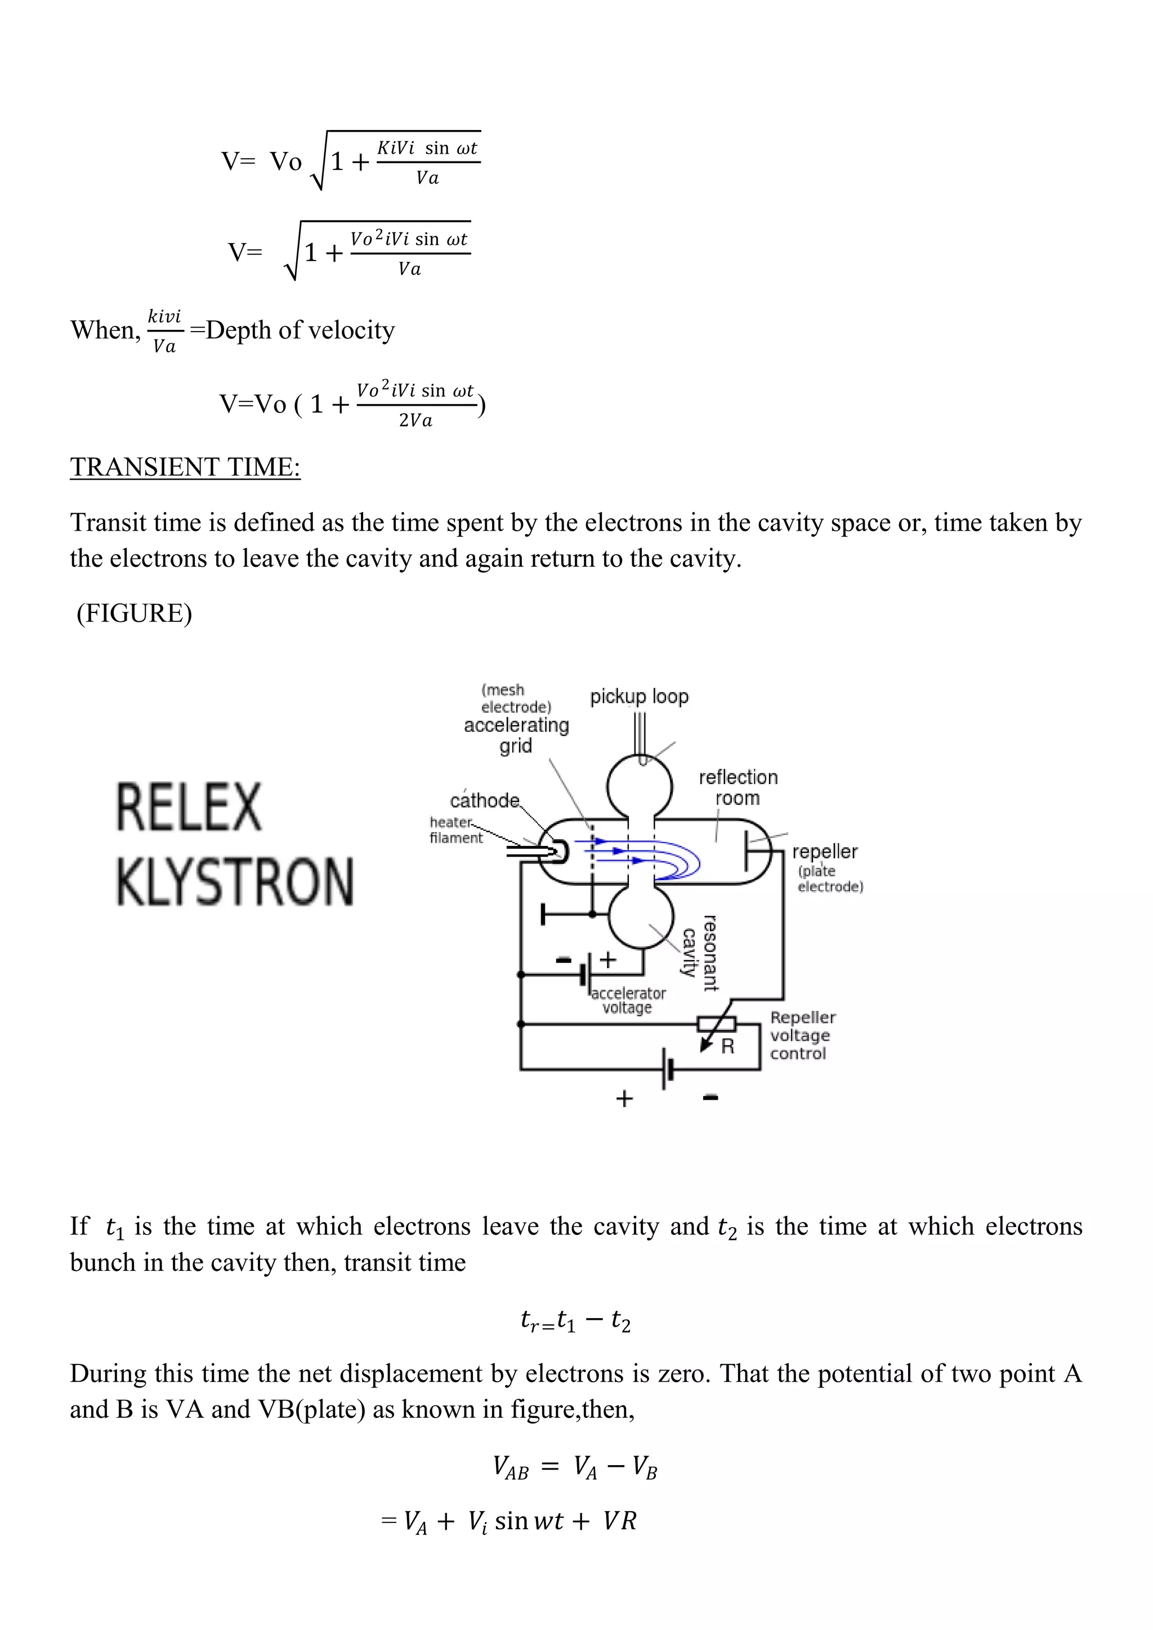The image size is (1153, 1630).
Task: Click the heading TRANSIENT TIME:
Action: click(185, 467)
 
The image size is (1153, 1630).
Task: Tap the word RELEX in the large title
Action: click(189, 807)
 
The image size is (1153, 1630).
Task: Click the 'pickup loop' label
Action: click(639, 696)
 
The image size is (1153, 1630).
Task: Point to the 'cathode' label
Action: click(485, 801)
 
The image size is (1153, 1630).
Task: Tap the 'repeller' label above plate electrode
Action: click(824, 851)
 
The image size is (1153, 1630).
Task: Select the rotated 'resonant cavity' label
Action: click(699, 953)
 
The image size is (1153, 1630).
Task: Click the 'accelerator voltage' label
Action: click(628, 1000)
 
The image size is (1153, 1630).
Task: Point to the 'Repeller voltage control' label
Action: click(802, 1036)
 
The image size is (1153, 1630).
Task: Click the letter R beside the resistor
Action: click(728, 1046)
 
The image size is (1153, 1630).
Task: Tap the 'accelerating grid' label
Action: click(516, 736)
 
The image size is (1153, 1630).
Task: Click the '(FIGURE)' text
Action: click(134, 614)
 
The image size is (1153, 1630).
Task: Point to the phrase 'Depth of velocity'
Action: click(300, 330)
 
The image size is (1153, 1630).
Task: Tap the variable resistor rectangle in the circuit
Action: click(716, 1024)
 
